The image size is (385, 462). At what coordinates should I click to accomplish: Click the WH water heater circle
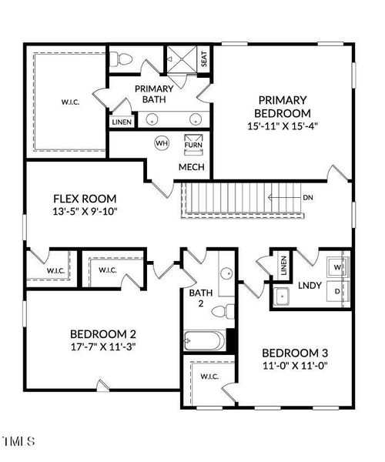(162, 143)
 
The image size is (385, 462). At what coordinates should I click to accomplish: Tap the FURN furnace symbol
(193, 145)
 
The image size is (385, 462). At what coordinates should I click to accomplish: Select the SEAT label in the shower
(204, 59)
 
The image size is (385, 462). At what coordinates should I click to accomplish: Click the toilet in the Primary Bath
(121, 59)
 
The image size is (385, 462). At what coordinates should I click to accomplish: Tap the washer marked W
(338, 267)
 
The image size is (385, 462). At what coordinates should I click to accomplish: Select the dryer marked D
(338, 291)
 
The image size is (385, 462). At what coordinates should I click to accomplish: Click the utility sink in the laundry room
(281, 296)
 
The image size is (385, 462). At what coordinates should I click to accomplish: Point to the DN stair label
(308, 197)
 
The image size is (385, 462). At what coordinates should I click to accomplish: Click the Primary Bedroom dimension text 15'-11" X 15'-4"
(282, 126)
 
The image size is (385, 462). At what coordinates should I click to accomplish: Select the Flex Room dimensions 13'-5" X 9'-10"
(85, 211)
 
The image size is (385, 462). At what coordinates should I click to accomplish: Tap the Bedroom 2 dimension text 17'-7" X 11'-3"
(103, 346)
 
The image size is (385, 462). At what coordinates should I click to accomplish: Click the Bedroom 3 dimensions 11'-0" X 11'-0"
(295, 366)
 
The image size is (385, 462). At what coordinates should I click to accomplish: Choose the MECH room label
(192, 167)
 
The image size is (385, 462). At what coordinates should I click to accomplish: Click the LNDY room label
(310, 285)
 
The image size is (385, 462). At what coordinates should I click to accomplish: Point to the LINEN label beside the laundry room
(283, 266)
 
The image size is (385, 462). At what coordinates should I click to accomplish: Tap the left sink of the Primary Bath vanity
(152, 119)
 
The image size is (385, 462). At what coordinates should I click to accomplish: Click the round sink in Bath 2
(227, 273)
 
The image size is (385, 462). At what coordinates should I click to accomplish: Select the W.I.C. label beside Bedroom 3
(209, 377)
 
